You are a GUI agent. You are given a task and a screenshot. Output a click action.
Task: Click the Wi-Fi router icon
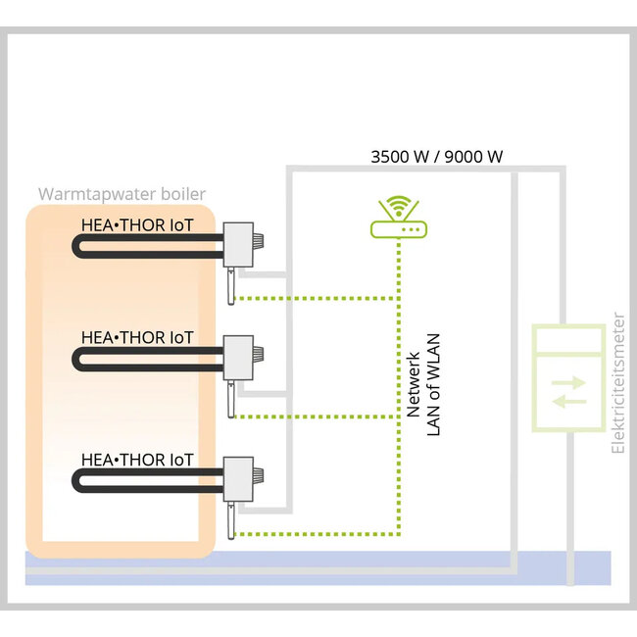[399, 228]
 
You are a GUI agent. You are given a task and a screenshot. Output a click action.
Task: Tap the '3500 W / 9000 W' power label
[437, 155]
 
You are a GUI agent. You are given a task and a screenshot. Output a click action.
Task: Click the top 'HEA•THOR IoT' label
[137, 224]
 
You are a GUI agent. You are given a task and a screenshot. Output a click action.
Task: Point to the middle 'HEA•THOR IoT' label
[137, 337]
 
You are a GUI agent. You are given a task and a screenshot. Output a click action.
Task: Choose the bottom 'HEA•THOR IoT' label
[137, 459]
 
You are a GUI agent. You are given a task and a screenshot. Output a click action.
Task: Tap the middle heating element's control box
[241, 356]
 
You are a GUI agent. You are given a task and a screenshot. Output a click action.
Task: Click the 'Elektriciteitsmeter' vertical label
[617, 383]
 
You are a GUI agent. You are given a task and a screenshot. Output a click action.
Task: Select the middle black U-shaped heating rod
[147, 365]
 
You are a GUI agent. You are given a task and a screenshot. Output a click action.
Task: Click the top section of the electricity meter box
[567, 339]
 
